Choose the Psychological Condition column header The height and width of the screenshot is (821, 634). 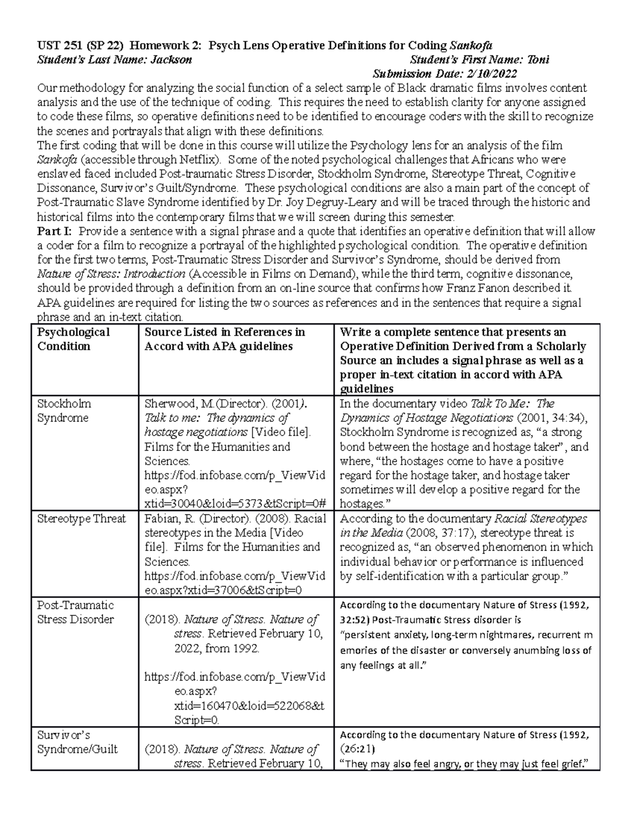pos(73,339)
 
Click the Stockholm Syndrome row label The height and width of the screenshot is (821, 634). pos(63,411)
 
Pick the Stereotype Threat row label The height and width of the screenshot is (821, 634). pos(81,519)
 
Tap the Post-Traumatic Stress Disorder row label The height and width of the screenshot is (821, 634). pos(75,612)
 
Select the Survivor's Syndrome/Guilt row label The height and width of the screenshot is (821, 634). pos(77,742)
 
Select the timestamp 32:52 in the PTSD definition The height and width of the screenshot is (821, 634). pos(355,620)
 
